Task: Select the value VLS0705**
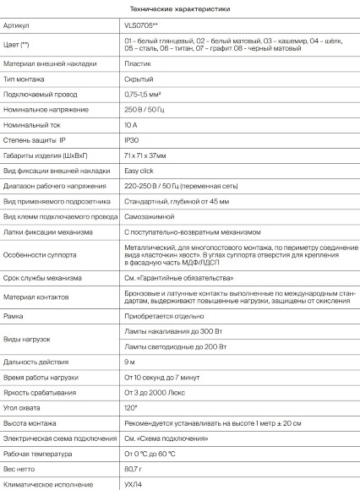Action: pos(139,27)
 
